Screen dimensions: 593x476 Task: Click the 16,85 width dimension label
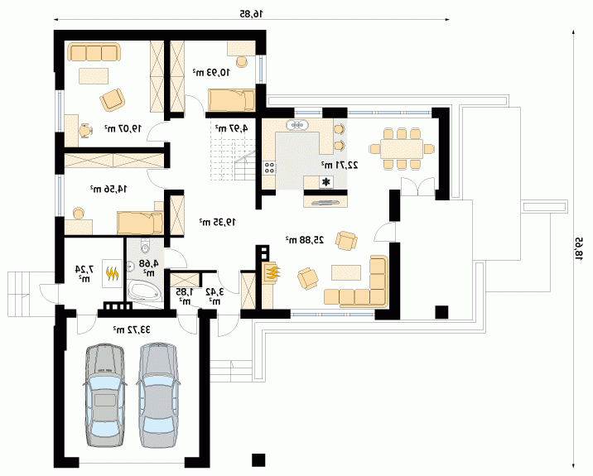[252, 14]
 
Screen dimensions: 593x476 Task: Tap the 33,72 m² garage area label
[132, 330]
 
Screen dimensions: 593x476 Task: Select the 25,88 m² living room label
[305, 240]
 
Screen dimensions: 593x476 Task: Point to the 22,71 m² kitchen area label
[340, 165]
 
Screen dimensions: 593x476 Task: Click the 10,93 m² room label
[211, 72]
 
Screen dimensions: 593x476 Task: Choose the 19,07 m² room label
[123, 128]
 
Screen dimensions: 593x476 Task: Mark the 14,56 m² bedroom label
[108, 189]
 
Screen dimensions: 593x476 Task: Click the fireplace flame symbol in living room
[272, 272]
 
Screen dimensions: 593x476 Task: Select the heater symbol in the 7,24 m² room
[113, 273]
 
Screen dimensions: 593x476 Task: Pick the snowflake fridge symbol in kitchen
[325, 183]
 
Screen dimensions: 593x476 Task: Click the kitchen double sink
[297, 124]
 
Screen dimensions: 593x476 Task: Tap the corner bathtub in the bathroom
[144, 291]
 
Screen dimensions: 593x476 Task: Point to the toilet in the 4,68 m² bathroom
[145, 246]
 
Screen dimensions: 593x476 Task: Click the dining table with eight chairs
[402, 148]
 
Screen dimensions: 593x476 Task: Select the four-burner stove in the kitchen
[270, 167]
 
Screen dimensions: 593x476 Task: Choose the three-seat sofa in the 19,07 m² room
[94, 52]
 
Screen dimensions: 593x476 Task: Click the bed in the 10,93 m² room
[231, 100]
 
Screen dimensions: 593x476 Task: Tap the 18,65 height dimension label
[579, 248]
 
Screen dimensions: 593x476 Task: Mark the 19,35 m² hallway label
[218, 222]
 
